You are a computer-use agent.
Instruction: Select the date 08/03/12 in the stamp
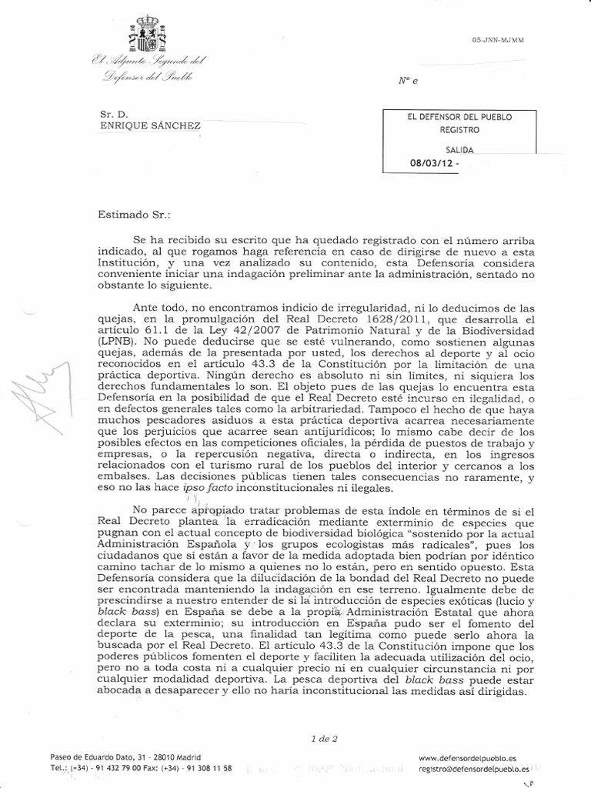pyautogui.click(x=432, y=163)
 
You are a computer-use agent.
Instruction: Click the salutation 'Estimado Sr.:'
pyautogui.click(x=135, y=206)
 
